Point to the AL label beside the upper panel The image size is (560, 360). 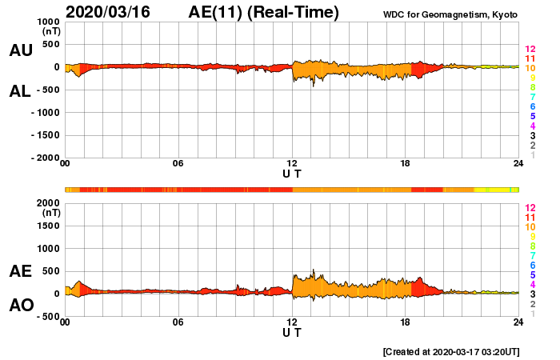pos(21,91)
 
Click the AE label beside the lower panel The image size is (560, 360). pos(21,271)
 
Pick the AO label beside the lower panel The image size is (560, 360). pos(21,305)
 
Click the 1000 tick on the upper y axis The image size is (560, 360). pos(47,22)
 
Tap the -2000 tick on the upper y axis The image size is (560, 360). pos(45,158)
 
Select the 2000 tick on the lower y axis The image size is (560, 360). pos(47,202)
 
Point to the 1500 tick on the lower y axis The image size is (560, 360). pos(47,226)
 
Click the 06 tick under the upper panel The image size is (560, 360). pos(178,164)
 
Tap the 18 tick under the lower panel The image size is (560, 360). pos(406,322)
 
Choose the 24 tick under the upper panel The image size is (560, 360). pos(518,164)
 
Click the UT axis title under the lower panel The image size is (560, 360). pos(292,332)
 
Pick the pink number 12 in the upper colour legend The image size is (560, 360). pos(530,50)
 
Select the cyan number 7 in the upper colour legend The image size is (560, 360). pos(532,97)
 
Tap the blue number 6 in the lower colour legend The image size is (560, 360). pos(532,265)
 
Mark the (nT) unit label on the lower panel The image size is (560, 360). pos(50,214)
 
